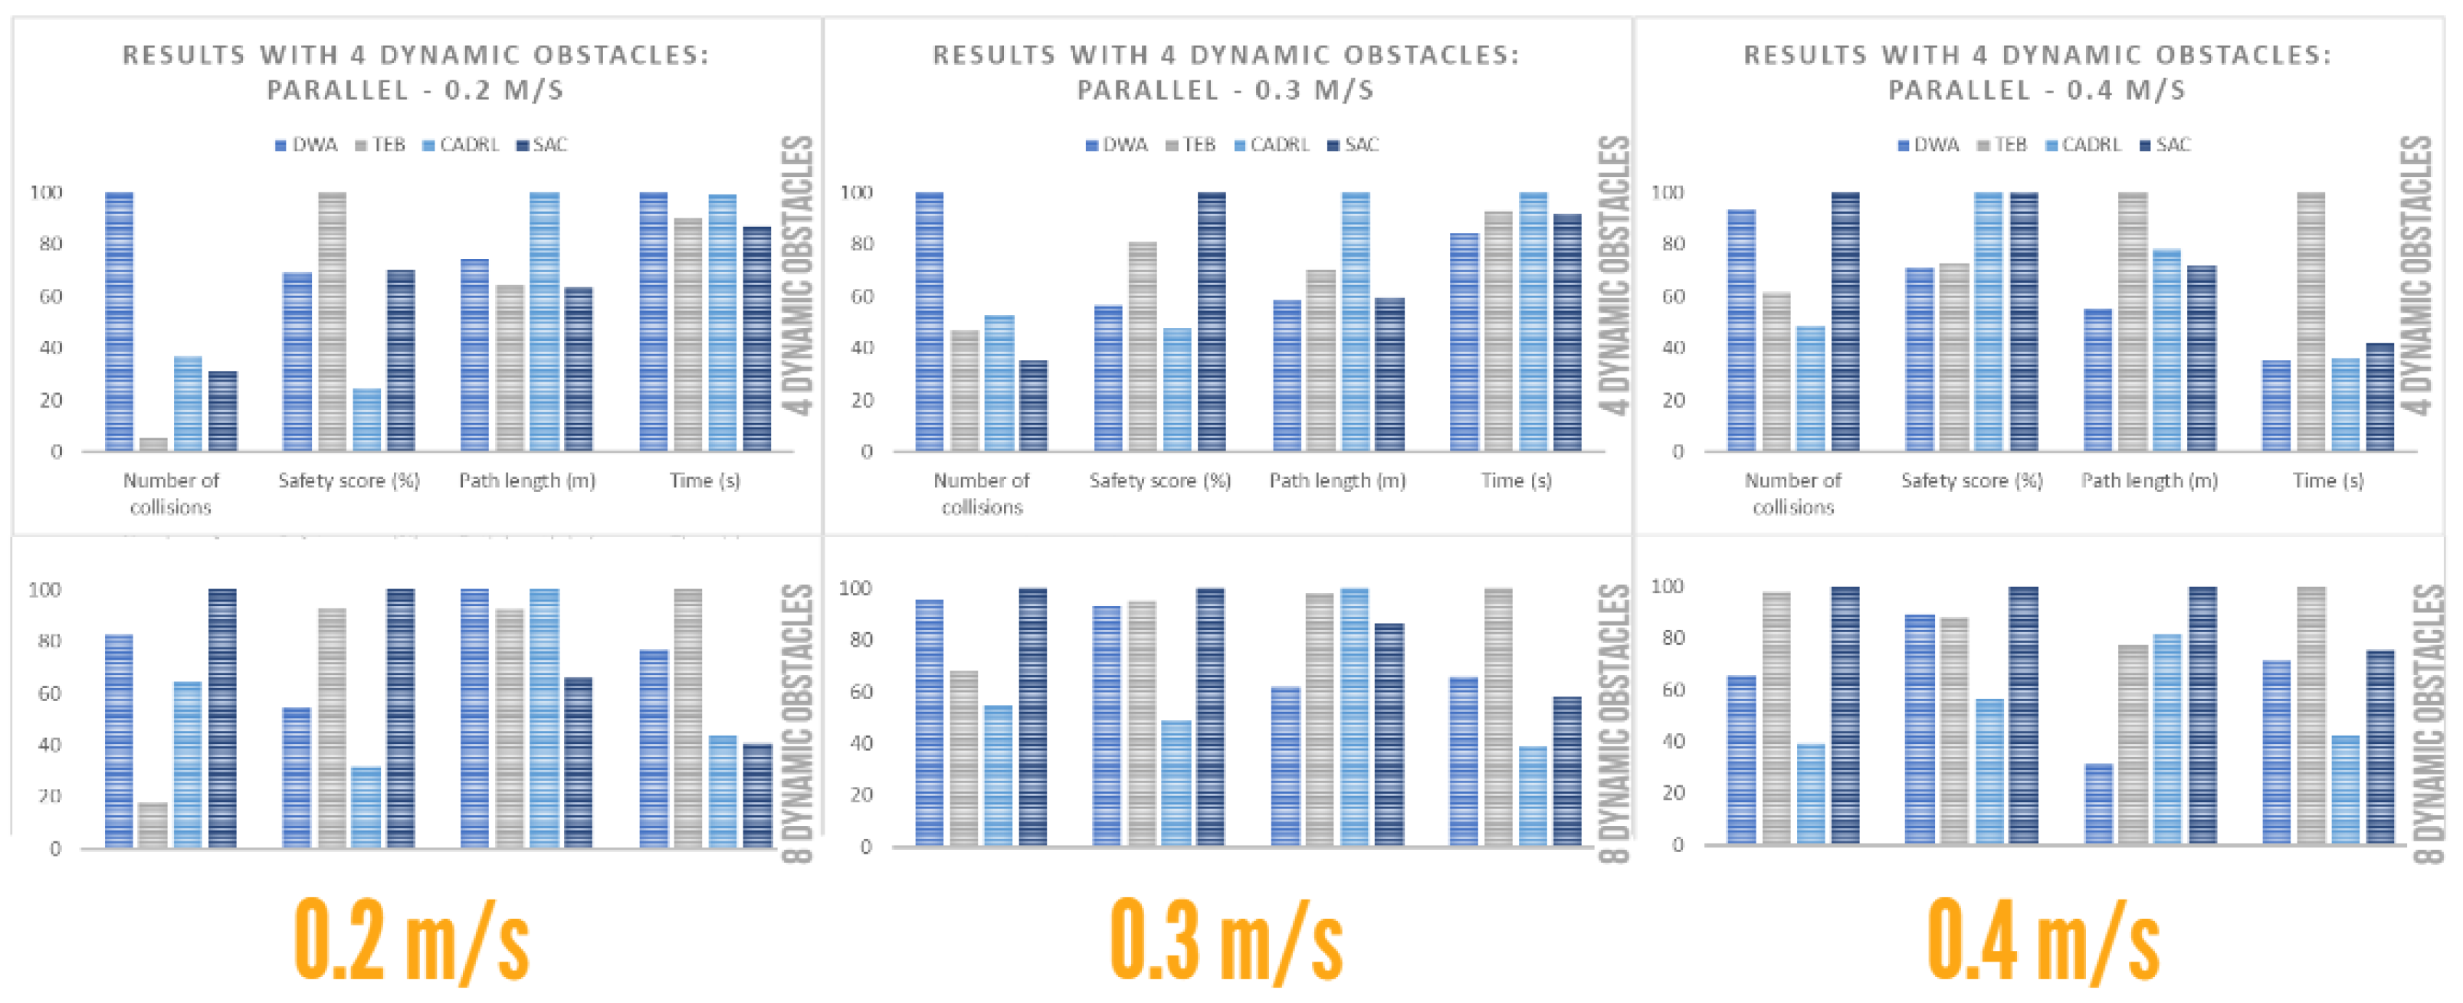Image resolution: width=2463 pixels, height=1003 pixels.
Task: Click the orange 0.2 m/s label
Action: tap(411, 942)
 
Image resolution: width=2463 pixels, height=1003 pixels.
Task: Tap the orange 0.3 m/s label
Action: tap(1226, 942)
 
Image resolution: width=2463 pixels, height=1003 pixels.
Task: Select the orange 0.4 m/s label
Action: tap(2042, 942)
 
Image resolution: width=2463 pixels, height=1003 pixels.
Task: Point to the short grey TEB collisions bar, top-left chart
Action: tap(153, 444)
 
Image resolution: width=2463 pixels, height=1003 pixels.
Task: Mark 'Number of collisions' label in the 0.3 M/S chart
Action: tap(981, 493)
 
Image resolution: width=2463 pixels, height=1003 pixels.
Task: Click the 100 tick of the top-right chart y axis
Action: tap(1667, 193)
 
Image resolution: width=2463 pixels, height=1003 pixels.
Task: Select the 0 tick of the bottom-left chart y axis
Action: tap(55, 849)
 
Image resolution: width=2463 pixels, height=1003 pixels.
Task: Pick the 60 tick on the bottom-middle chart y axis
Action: tap(861, 691)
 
